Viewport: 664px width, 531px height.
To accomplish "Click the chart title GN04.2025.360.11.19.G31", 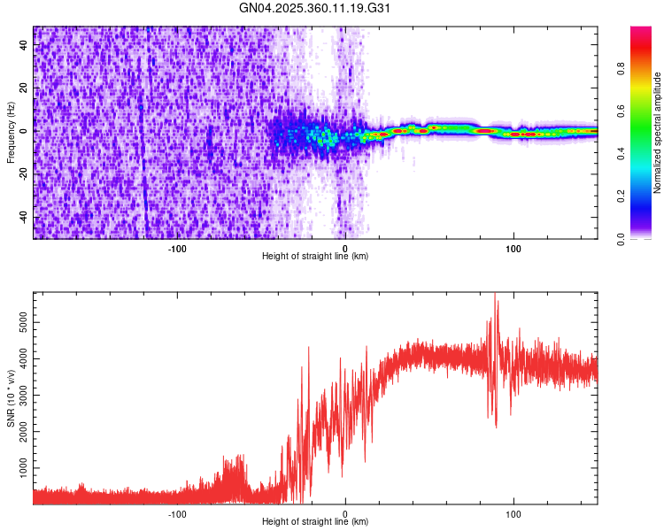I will pyautogui.click(x=315, y=8).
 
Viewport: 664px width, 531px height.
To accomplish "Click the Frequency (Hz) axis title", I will pyautogui.click(x=11, y=133).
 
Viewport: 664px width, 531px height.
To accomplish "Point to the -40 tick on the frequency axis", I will pyautogui.click(x=24, y=218).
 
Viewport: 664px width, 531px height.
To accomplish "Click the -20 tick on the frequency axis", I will pyautogui.click(x=24, y=174).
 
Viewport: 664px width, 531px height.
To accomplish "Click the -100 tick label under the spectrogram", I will pyautogui.click(x=177, y=248).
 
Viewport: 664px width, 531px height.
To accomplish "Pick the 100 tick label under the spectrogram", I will pyautogui.click(x=513, y=248).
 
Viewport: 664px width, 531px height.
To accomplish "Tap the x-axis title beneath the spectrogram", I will pyautogui.click(x=315, y=257).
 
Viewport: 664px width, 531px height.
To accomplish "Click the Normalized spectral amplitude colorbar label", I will pyautogui.click(x=658, y=133).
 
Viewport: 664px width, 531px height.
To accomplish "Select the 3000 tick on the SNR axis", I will pyautogui.click(x=24, y=395).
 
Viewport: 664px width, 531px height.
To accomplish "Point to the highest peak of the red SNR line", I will pyautogui.click(x=495, y=294).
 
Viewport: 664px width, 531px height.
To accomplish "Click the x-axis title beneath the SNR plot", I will pyautogui.click(x=315, y=522).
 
